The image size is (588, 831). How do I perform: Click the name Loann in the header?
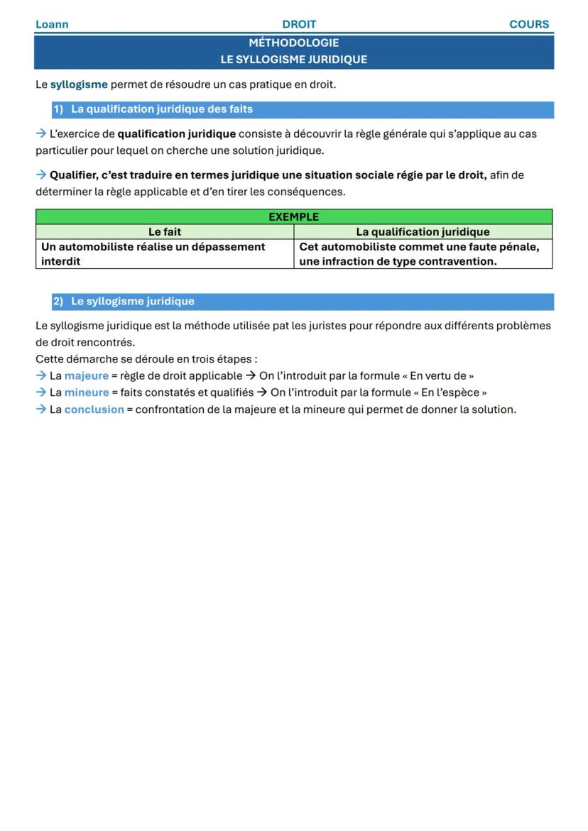[x=52, y=24]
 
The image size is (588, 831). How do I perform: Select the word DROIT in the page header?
[x=299, y=24]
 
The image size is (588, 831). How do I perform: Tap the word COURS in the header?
[x=529, y=24]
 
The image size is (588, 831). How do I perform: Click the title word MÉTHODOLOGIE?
[x=293, y=43]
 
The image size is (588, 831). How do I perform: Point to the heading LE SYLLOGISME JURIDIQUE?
[x=293, y=60]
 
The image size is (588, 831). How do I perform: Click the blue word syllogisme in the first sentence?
[x=79, y=84]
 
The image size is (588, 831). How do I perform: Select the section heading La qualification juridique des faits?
[x=161, y=109]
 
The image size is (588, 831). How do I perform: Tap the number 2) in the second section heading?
[x=58, y=302]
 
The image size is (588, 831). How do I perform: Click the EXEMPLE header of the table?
[x=293, y=217]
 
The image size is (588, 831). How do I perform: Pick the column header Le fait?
[x=165, y=232]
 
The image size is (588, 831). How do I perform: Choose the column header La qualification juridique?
[x=423, y=232]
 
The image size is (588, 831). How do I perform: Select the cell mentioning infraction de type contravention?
[x=423, y=254]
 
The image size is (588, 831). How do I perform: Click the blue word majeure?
[x=87, y=376]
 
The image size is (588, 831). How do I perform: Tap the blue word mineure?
[x=87, y=392]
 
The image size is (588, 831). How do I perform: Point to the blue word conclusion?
[x=94, y=409]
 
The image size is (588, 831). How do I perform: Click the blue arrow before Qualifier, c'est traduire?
[x=40, y=175]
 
